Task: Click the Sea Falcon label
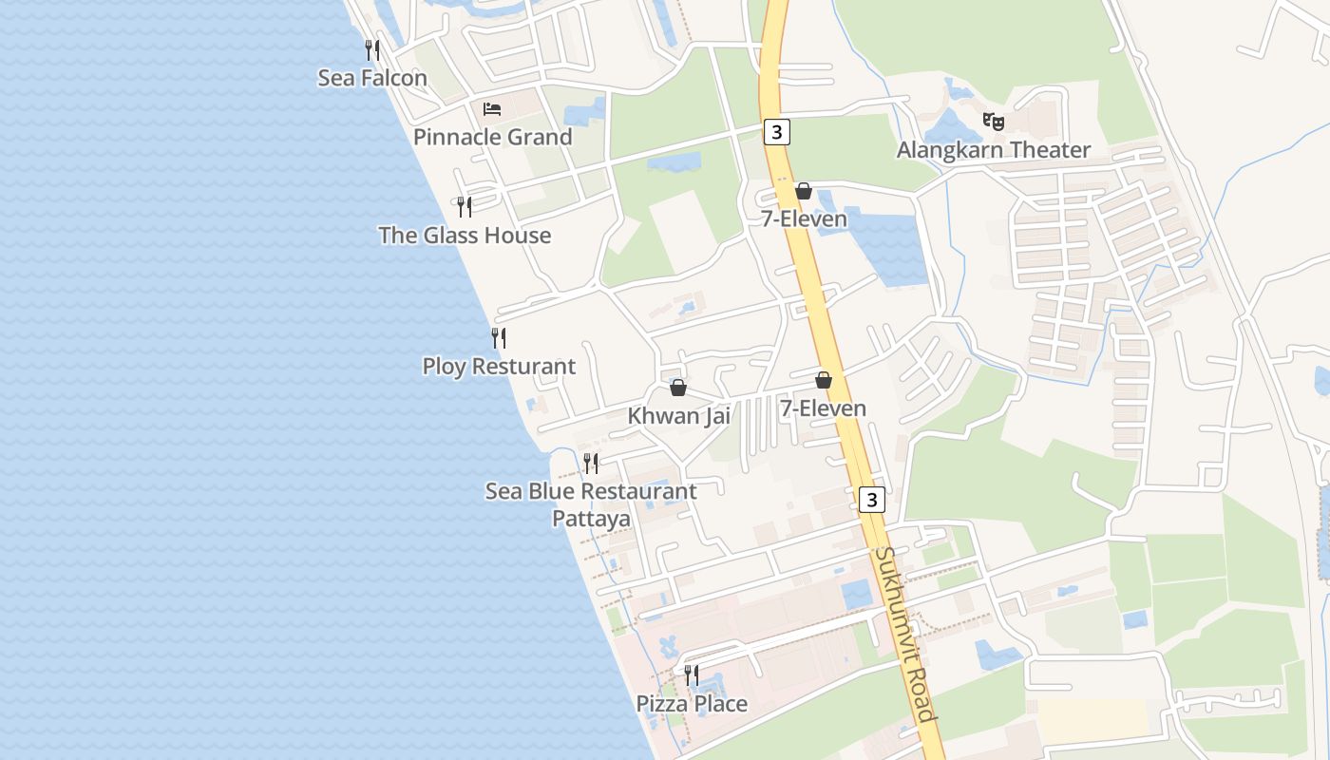(372, 78)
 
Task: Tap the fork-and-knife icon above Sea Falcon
(372, 49)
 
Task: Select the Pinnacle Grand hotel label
(492, 137)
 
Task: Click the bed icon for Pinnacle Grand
(492, 109)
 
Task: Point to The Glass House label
(465, 236)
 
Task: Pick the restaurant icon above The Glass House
(465, 206)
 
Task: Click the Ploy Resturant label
(499, 367)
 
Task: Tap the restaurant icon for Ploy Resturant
(498, 337)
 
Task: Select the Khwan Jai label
(678, 416)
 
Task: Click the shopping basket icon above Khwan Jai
(678, 388)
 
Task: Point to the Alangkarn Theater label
(994, 150)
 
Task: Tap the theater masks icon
(994, 122)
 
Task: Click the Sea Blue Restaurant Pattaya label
(591, 504)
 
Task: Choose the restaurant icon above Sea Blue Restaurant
(591, 464)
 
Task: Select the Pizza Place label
(692, 704)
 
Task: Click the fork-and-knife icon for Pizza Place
(692, 675)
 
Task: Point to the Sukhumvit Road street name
(906, 635)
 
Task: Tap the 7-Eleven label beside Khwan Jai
(823, 408)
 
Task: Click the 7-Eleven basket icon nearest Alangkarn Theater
(804, 191)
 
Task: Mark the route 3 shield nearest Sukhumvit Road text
(872, 499)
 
